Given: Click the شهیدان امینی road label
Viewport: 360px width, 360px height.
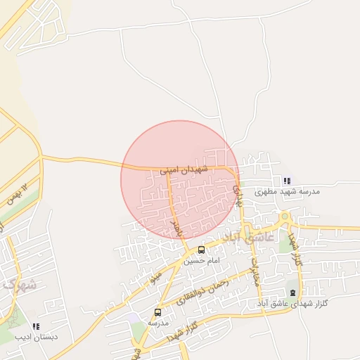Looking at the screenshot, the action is [184, 169].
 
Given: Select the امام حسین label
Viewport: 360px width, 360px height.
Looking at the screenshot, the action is [202, 260].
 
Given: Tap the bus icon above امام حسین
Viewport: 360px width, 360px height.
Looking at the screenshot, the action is [202, 250].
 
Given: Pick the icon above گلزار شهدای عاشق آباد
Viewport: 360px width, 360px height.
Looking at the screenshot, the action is [293, 292].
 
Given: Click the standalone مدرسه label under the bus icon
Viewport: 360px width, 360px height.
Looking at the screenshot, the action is [157, 322].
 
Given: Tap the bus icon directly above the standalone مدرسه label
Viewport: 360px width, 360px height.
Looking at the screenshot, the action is [157, 312].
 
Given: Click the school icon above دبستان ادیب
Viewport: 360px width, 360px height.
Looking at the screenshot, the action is [36, 326].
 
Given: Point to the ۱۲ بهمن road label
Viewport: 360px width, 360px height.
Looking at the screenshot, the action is [18, 192].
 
